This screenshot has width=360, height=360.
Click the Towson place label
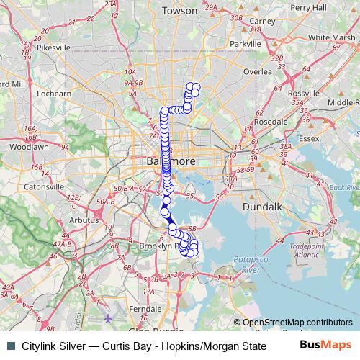[x=179, y=11]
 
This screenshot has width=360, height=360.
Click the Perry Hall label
[x=308, y=7]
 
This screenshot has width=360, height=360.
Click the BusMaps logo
[x=325, y=344]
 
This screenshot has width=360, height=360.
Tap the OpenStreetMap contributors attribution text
[x=297, y=323]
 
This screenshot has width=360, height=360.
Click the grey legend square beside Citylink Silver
[x=10, y=345]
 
